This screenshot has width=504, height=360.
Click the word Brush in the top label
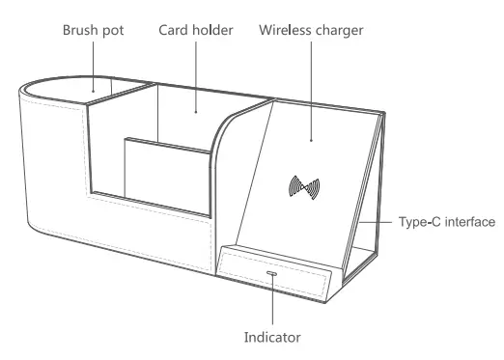[82, 31]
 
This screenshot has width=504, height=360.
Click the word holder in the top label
[215, 31]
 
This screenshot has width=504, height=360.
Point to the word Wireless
[287, 31]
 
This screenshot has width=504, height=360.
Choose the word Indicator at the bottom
[273, 338]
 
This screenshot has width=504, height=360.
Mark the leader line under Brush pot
[94, 68]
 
